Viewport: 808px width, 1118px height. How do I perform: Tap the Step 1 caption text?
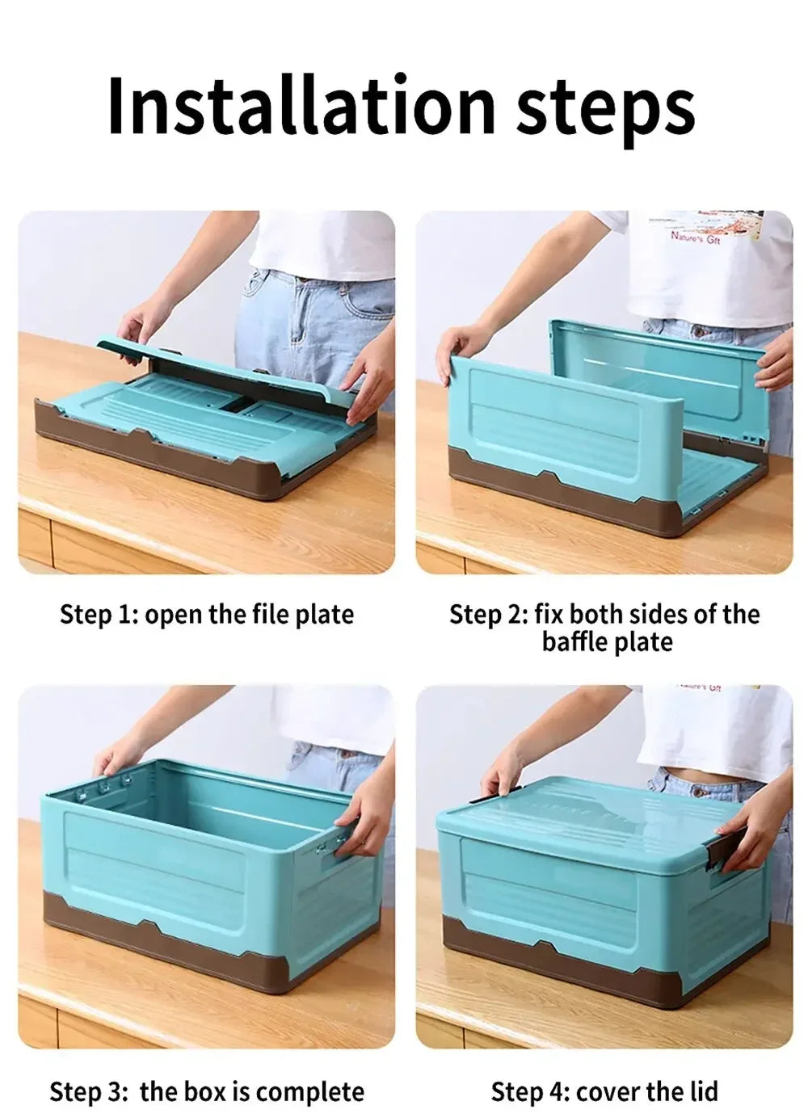[x=207, y=614]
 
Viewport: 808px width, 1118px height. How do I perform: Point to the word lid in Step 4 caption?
[x=700, y=1092]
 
